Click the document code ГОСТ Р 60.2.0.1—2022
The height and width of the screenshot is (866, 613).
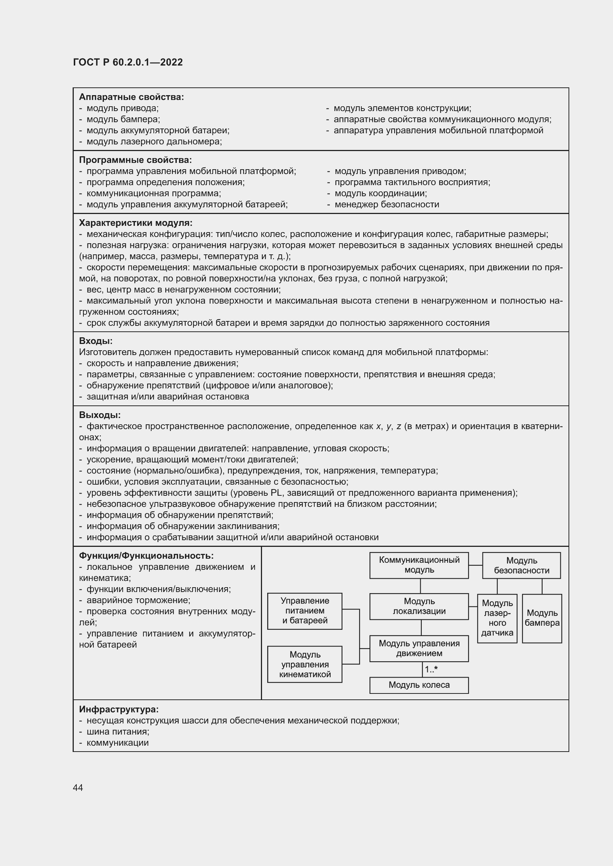[x=127, y=62]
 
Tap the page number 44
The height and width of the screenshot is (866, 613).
[x=78, y=788]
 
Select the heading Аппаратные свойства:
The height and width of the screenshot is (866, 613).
[x=131, y=97]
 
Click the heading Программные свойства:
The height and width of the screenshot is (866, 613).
[x=135, y=160]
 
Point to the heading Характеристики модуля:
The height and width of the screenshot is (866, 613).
[x=136, y=223]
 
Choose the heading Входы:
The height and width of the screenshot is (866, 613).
[x=96, y=341]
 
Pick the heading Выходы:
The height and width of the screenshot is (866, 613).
[x=100, y=415]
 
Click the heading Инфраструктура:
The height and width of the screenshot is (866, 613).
[x=119, y=709]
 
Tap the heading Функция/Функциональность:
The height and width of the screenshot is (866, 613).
[x=146, y=556]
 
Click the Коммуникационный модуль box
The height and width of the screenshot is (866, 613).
[x=419, y=565]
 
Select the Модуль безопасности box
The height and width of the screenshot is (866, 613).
[x=521, y=565]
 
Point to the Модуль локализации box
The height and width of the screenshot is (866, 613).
[x=419, y=606]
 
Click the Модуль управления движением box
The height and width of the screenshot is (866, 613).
[x=419, y=648]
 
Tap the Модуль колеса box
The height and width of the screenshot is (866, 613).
[x=419, y=685]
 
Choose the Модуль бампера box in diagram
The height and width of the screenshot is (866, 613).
[x=542, y=618]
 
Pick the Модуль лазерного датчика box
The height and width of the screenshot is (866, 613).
[x=497, y=618]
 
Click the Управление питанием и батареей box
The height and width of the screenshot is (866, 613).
[x=305, y=611]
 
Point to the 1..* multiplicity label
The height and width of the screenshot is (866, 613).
[x=431, y=669]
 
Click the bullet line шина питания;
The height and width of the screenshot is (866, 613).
[x=118, y=731]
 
